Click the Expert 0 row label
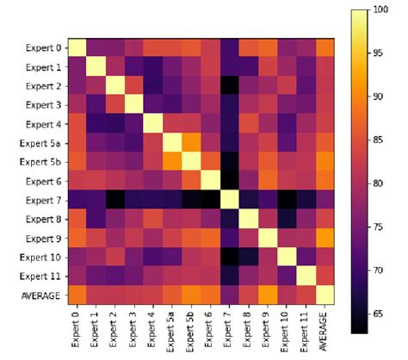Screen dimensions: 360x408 (41, 47)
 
